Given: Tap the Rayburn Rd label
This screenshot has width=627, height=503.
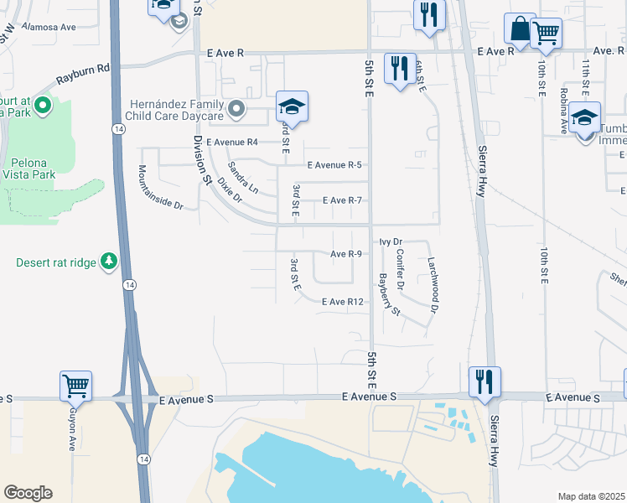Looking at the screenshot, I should coord(83,75).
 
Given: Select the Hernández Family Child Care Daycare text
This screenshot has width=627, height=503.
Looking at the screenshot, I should coord(175,109).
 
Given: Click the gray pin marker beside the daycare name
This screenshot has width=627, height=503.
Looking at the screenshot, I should coord(237,109).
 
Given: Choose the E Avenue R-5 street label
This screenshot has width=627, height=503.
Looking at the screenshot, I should coord(334,165).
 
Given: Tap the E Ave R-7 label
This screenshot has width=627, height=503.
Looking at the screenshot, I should coord(342,200).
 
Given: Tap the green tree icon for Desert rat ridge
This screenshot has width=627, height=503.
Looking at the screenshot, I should coord(108,262).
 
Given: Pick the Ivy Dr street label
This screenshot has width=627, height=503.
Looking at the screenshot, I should coord(391,241).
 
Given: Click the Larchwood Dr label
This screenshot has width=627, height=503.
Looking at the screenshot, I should coord(433,284).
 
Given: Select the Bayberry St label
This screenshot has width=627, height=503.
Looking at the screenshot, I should coord(389,294).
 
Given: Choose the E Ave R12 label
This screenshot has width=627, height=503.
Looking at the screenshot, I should coord(342,302).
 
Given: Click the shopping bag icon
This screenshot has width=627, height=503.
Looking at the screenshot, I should coord(519,29).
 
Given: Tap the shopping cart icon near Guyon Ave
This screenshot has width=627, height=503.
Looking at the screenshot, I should coord(75,386).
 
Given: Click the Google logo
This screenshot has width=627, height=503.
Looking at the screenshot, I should coord(28,493).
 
